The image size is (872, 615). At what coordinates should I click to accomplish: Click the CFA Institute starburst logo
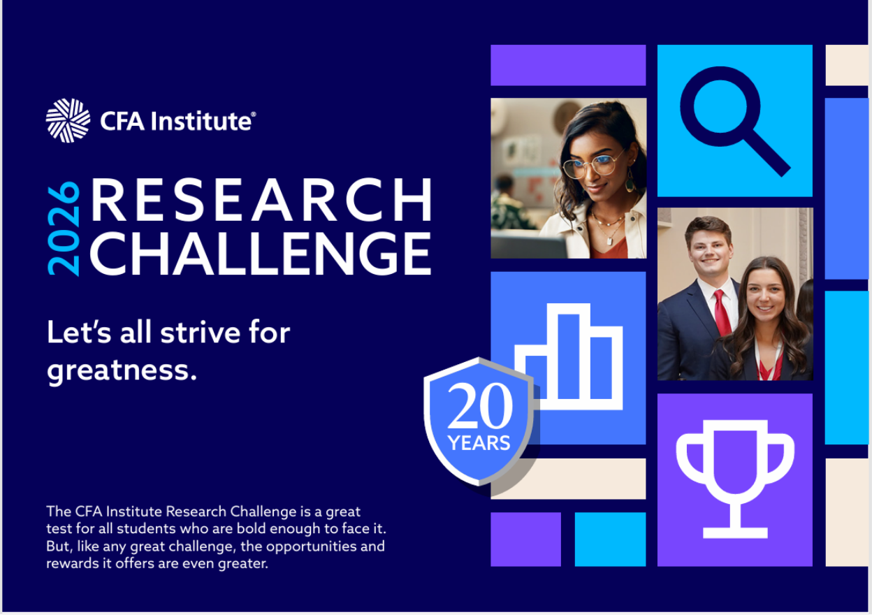(68, 120)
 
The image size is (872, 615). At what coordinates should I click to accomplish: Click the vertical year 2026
(64, 229)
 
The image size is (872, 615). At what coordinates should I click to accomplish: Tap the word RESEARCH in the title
(261, 199)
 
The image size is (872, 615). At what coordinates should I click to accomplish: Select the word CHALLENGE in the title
(261, 254)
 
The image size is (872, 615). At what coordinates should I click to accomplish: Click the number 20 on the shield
(480, 405)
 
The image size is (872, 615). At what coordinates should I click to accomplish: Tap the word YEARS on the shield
(479, 443)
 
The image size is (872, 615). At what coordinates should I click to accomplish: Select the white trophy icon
(735, 479)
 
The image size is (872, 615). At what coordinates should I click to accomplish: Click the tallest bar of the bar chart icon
(568, 356)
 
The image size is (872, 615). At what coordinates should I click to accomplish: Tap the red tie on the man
(722, 313)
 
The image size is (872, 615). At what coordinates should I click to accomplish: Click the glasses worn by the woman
(591, 166)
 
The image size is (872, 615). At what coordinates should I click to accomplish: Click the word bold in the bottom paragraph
(251, 528)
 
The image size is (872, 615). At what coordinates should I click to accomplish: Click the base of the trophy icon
(735, 533)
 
